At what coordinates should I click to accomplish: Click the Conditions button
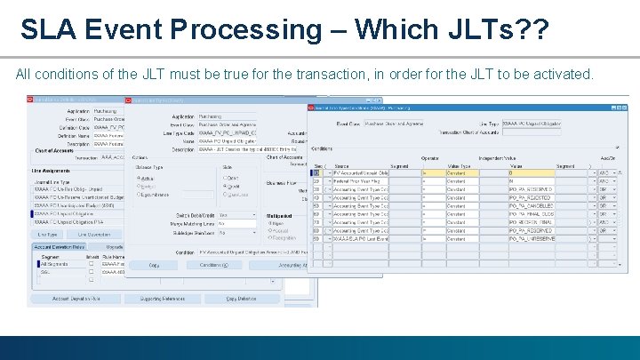[213, 265]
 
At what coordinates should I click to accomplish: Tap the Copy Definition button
[241, 298]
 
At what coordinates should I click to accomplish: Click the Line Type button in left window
[50, 234]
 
